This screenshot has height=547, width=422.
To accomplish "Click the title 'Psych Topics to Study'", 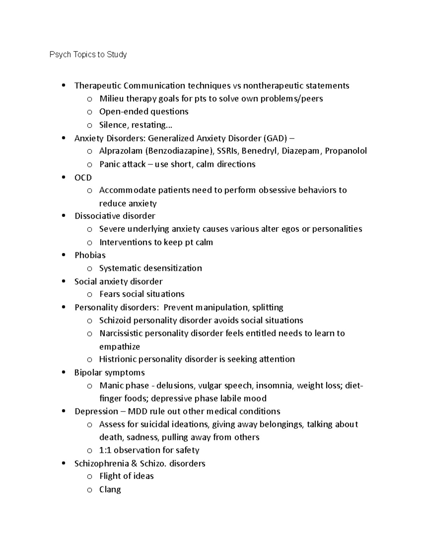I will coord(88,55).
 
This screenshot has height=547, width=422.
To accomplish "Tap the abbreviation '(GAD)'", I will coord(275,138).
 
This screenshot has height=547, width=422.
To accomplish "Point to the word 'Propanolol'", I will coord(346,151).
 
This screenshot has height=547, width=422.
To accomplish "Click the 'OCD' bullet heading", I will coord(83,178).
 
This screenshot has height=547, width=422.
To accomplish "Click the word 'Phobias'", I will coord(90,255).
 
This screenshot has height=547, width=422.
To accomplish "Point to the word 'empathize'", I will coord(120,347).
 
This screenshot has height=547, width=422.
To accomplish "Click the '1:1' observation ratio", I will coord(105,450).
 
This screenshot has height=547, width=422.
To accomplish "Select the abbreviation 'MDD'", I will coord(138,411).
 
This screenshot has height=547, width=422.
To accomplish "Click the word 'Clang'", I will coord(110,490).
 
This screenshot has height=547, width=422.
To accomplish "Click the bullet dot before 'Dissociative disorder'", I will coord(64,216).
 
